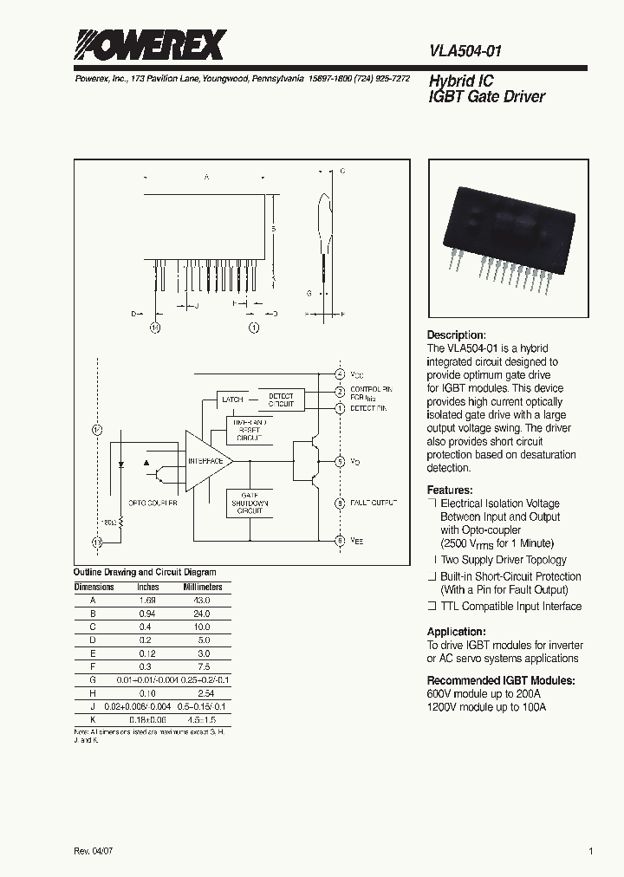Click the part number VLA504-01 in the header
coord(465,52)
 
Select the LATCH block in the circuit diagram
coord(232,400)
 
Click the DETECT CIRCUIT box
coord(281,400)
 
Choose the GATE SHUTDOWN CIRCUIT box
coord(250,503)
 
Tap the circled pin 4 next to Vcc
coord(340,374)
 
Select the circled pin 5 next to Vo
coord(340,461)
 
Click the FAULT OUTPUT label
coord(374,503)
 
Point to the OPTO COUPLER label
coord(153,503)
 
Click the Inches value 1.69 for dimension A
coord(147,600)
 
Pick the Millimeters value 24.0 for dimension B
coord(201,613)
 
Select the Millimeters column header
coord(202,587)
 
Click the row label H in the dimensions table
coord(93,693)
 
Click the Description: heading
coord(456,335)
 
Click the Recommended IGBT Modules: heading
coord(487,680)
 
